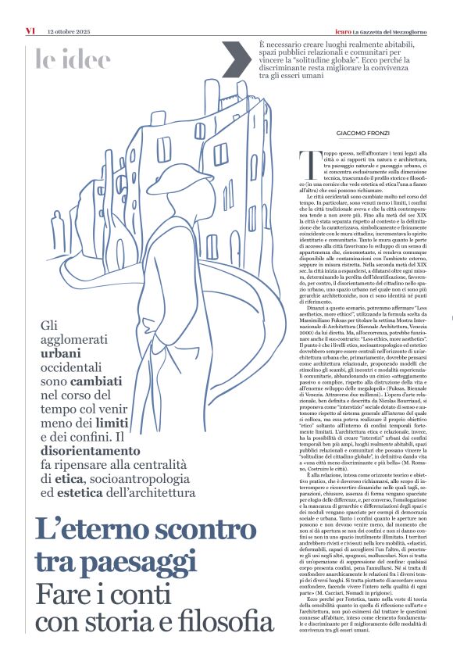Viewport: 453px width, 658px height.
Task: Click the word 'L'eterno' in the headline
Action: point(89,531)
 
